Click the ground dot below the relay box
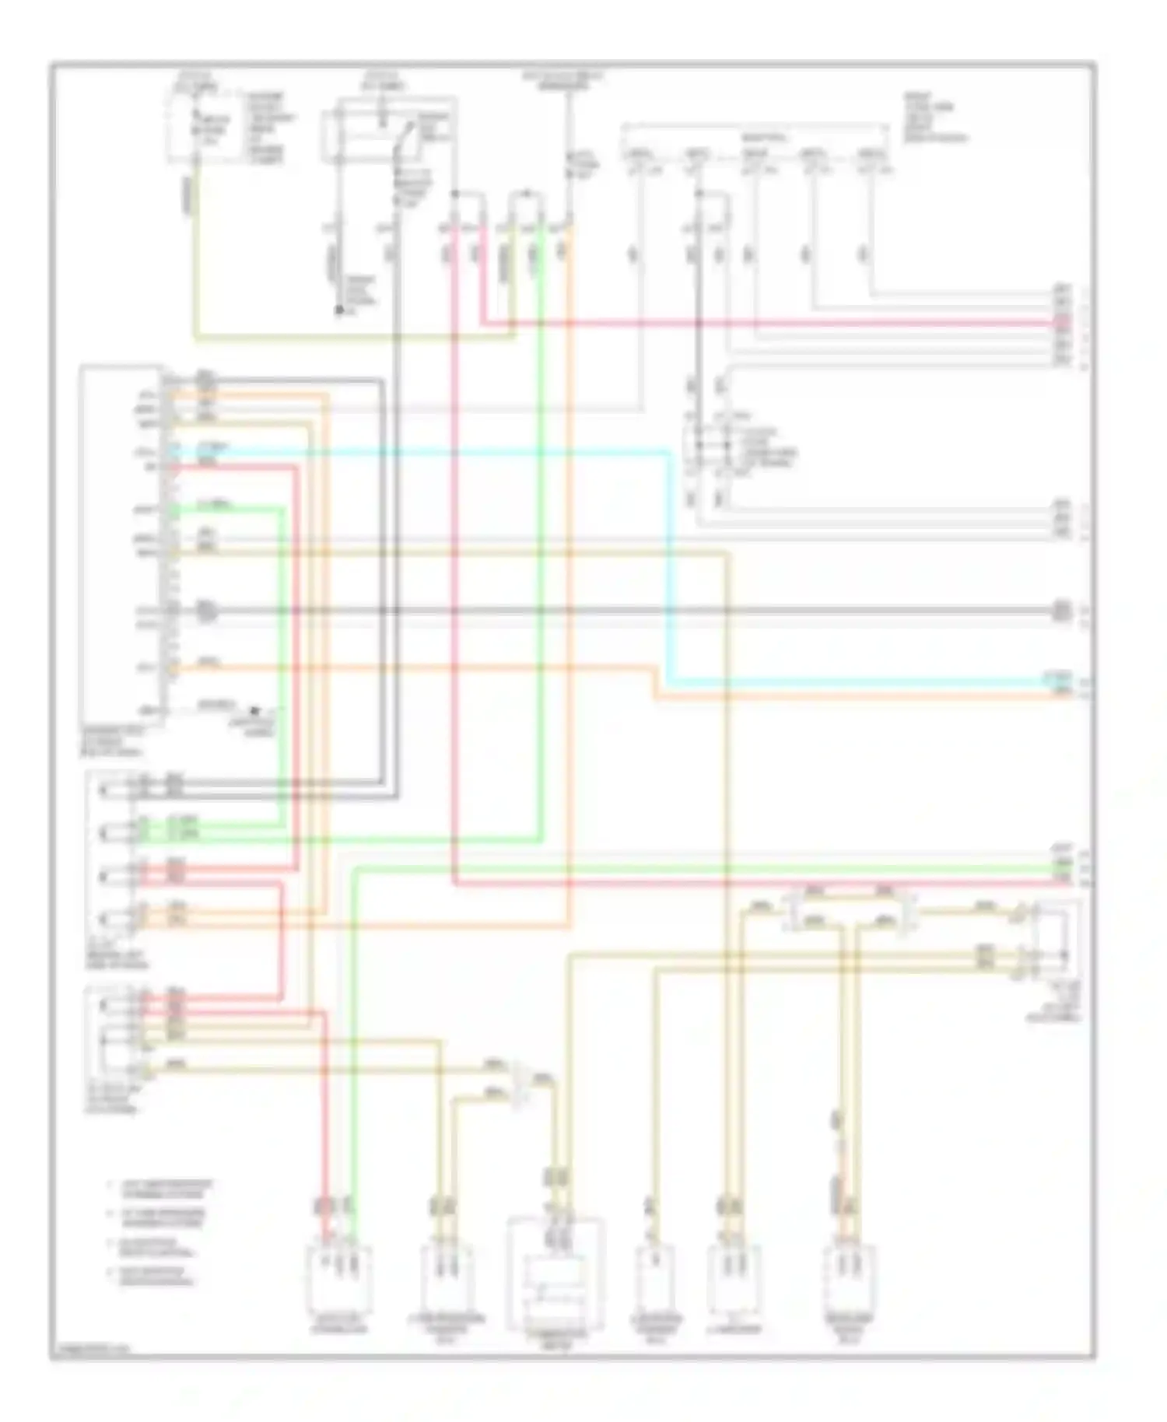339,311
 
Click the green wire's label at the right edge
1063,865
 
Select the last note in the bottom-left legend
156,1277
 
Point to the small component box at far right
1054,941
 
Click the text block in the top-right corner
934,117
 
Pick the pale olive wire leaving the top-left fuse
194,257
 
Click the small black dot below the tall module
254,710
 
